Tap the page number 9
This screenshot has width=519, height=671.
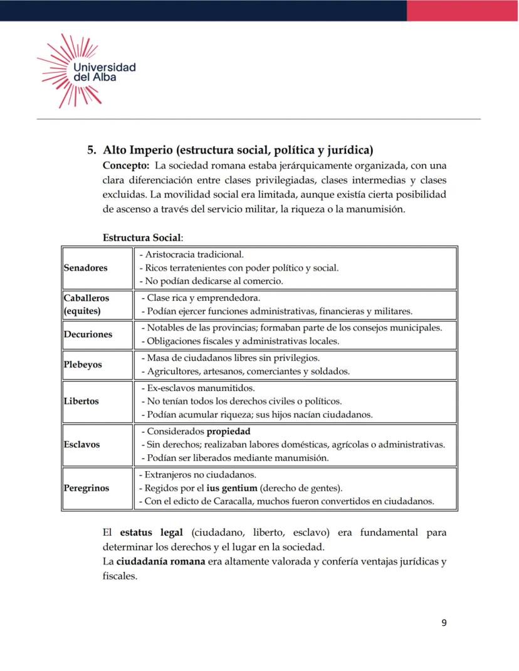coord(444,623)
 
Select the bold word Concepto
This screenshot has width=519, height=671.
coord(125,165)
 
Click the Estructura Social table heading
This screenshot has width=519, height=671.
coord(142,238)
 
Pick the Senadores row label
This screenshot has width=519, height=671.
coord(86,268)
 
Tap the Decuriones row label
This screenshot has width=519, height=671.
coord(88,334)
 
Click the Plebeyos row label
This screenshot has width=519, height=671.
coord(83,364)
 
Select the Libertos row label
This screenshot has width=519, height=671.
coord(81,401)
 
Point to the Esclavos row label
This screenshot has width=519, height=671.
coord(82,444)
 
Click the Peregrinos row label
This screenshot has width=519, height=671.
coord(86,487)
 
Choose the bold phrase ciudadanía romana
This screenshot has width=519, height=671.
coord(161,561)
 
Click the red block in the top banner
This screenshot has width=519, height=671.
coord(463,10)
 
